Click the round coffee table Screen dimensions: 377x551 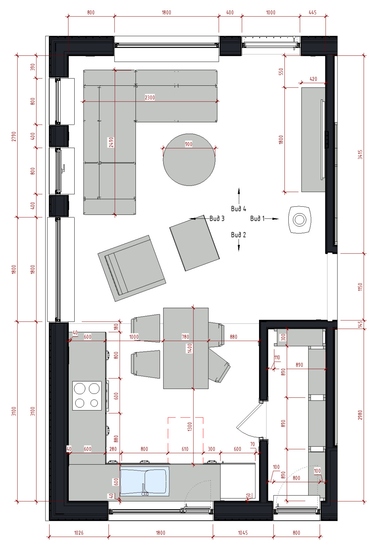(189, 160)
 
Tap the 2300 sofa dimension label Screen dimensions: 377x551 (150, 98)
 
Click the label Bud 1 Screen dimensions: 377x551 (257, 218)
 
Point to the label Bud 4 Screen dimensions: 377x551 (238, 209)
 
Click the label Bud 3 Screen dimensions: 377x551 (217, 218)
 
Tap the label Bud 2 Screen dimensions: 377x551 (238, 235)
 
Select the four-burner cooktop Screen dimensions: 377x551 (87, 396)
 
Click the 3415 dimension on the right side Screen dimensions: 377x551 (360, 155)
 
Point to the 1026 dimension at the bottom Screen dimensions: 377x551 (79, 533)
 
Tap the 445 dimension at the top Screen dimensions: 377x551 (312, 12)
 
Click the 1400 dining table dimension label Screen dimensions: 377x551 (190, 348)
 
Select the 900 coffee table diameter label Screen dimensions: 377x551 (188, 144)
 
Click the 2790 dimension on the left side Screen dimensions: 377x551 (14, 136)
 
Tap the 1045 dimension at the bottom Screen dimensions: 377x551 (243, 533)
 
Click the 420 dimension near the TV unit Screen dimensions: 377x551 (313, 79)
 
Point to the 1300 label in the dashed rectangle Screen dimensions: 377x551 (190, 427)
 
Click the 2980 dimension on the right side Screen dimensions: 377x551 (360, 415)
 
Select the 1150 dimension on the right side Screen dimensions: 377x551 (360, 287)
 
